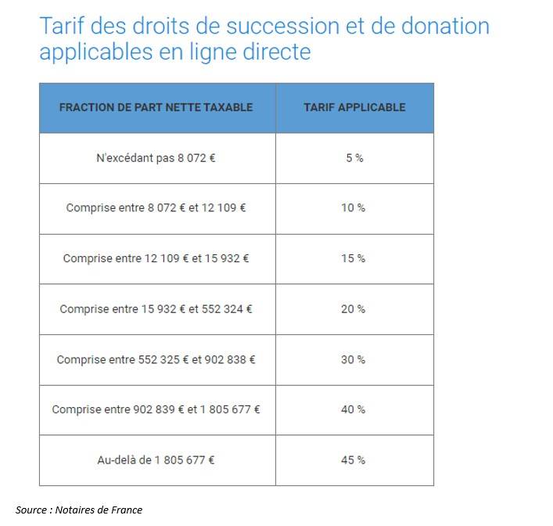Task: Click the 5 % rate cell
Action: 354,157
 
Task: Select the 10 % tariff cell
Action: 354,208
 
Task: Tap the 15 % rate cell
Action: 354,258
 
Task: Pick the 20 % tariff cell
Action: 354,309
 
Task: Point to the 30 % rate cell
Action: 354,359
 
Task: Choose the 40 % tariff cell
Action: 354,409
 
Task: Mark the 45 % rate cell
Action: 354,460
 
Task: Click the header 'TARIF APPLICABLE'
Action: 354,107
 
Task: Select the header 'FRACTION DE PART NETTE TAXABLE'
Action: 156,107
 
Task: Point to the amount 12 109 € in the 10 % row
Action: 224,208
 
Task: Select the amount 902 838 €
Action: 230,359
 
